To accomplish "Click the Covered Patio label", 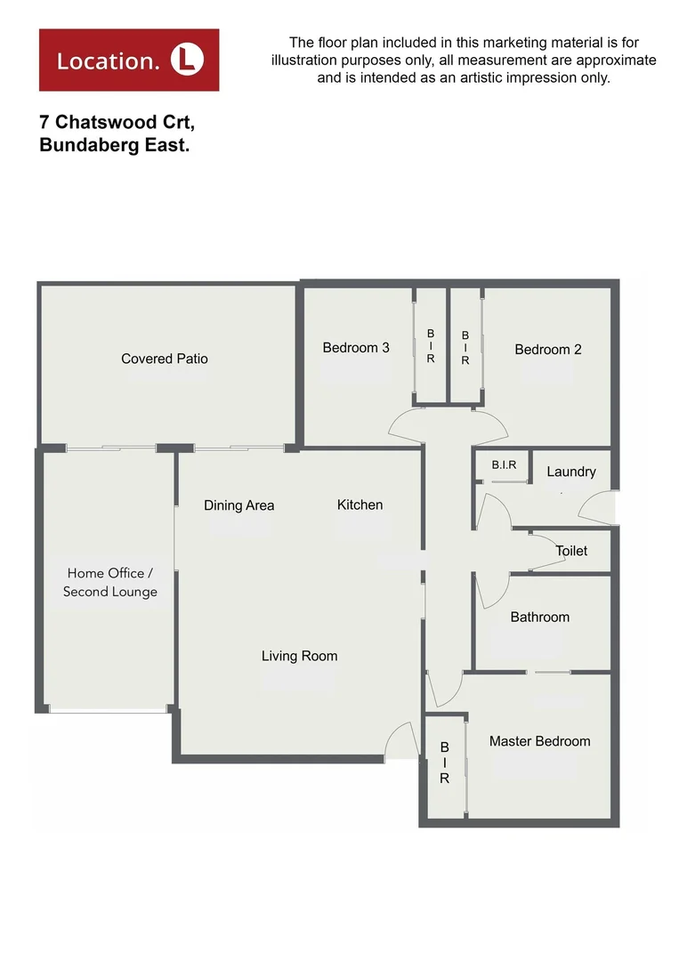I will tap(165, 359).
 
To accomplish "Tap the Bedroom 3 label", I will tap(356, 348).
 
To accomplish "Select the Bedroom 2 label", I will tap(548, 350).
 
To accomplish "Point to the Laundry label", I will tap(571, 472).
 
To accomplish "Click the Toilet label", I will tap(571, 551).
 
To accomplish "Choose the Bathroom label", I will tap(540, 617).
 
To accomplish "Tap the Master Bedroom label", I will tap(539, 741).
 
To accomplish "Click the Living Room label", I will tap(299, 656).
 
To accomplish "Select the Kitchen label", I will tap(360, 505).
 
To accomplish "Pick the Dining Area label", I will tap(239, 505).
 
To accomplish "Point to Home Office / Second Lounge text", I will tap(110, 583).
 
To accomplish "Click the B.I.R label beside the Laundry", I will tap(502, 464).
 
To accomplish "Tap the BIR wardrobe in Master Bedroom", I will tap(444, 763).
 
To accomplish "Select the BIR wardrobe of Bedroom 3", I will tap(431, 345).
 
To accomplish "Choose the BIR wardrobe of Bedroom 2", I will tap(465, 348).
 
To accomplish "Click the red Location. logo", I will tap(129, 60).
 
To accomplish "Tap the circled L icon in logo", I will tap(187, 60).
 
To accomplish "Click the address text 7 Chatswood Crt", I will tap(117, 124).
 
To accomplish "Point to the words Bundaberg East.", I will tap(115, 146).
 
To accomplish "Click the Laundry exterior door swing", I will tap(594, 509).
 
